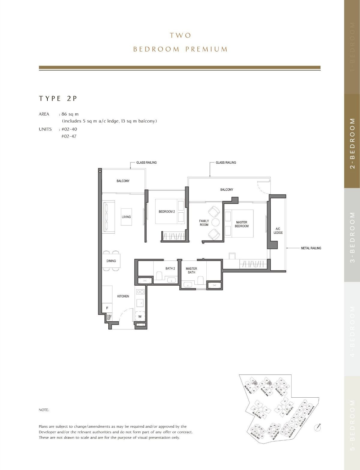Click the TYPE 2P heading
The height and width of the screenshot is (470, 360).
pos(58,99)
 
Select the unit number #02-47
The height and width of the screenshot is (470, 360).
pos(69,136)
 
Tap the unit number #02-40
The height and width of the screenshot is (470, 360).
pos(69,129)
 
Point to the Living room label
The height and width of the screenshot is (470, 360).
pos(126,217)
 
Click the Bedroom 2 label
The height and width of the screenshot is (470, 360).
pos(167,212)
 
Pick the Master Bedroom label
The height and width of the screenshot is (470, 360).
pos(241,224)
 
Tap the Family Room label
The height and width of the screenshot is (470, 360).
pos(204,223)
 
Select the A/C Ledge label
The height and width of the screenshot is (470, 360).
pos(278,231)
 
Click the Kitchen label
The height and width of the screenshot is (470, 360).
pos(123,296)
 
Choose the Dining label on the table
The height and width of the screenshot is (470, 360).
pos(111,261)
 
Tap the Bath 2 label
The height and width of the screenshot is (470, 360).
pos(170,268)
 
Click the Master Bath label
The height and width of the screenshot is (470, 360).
pos(191,271)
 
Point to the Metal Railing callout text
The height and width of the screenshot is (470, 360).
pos(311,248)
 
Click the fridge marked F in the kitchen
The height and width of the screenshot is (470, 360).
pos(107,308)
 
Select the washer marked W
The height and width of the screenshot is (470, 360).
pos(140,316)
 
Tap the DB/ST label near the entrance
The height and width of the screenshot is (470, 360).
pos(109,317)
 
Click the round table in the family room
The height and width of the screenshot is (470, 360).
pos(215,222)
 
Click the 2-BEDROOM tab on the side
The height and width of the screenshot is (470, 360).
pos(352,143)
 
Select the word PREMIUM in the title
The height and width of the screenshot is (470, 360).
pos(206,49)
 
